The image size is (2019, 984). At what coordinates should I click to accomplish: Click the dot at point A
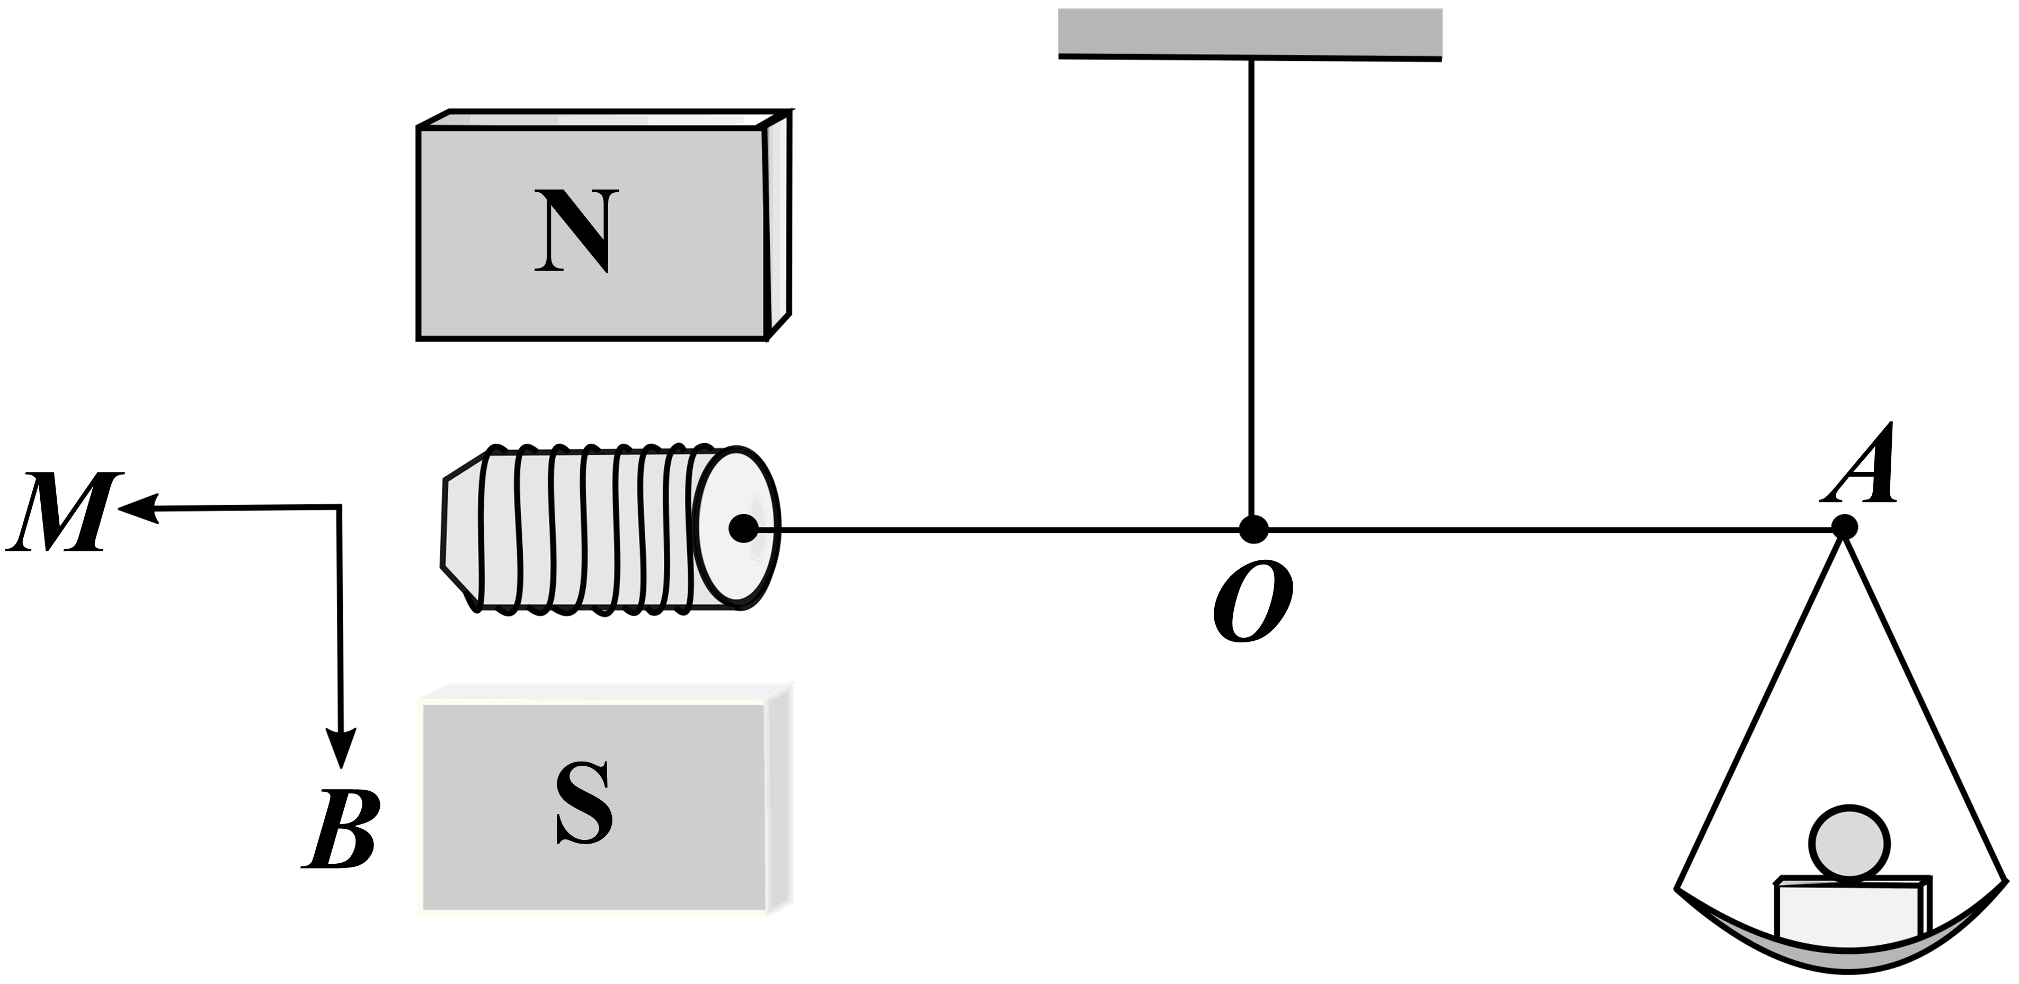click(1844, 526)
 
